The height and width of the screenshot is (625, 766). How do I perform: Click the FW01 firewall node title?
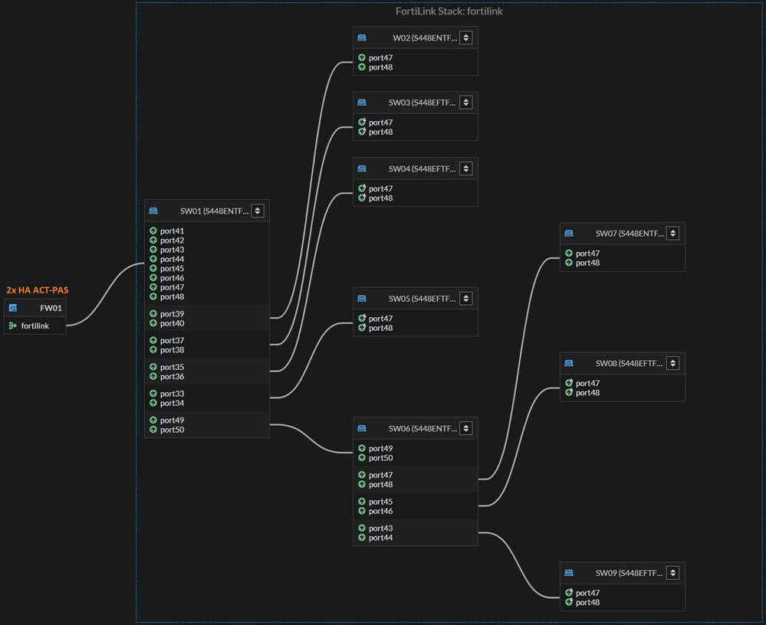tap(51, 308)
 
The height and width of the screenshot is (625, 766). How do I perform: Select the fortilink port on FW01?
tap(35, 326)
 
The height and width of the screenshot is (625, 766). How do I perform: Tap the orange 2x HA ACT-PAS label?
tap(38, 290)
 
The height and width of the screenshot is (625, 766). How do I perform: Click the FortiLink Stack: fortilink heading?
tap(449, 11)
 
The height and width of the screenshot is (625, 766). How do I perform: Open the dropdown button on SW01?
tap(258, 211)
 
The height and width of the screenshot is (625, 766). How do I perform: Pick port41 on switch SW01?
tap(172, 231)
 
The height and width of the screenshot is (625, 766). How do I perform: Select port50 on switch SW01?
tap(172, 430)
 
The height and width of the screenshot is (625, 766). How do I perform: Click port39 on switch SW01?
tap(172, 314)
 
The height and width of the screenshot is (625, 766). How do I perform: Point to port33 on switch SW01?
tap(172, 394)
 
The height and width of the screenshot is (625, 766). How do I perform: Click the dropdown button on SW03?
tap(466, 103)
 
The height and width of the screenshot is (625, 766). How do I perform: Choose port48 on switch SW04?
tap(380, 198)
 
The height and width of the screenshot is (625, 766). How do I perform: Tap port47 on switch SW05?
tap(380, 319)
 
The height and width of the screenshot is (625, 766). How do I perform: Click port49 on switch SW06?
tap(380, 449)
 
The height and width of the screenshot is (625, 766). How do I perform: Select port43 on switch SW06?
tap(380, 528)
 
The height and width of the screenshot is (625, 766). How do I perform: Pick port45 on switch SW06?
tap(380, 502)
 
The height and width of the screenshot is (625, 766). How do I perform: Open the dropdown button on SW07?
tap(673, 234)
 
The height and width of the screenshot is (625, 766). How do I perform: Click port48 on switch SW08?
tap(587, 393)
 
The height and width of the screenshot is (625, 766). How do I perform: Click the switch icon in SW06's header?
tap(362, 428)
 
